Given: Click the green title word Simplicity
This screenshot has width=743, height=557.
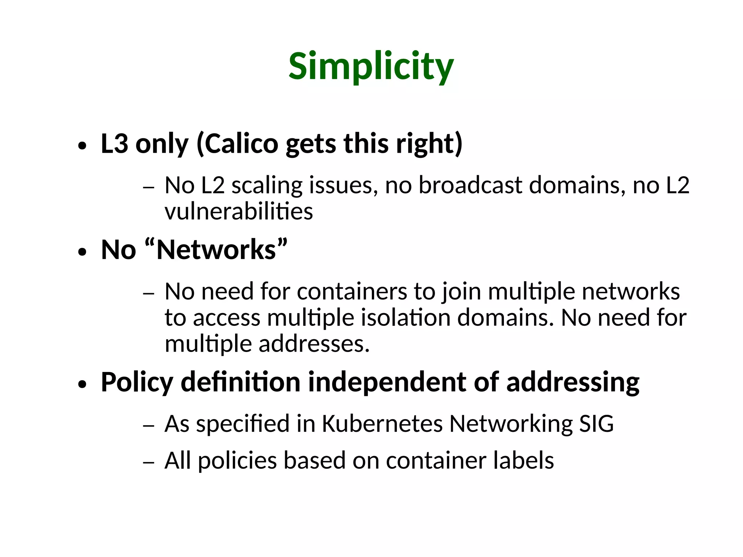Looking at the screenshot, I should (371, 66).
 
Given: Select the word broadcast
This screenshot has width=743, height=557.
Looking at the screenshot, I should (470, 185).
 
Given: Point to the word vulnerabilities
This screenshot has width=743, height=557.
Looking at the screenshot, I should (238, 212).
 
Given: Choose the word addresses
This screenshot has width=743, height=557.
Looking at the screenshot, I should (314, 344).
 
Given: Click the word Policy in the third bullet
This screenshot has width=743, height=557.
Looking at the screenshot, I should (137, 382).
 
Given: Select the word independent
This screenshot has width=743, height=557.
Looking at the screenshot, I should (387, 382).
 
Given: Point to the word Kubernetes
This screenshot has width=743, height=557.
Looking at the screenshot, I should (382, 423).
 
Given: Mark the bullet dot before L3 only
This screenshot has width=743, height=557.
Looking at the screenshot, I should (82, 146).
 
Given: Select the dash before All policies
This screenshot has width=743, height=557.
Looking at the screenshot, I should (148, 463).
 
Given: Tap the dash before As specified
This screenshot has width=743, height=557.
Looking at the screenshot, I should (148, 426).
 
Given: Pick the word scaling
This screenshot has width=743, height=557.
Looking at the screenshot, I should (267, 186).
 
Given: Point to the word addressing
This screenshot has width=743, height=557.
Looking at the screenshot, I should (572, 382).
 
